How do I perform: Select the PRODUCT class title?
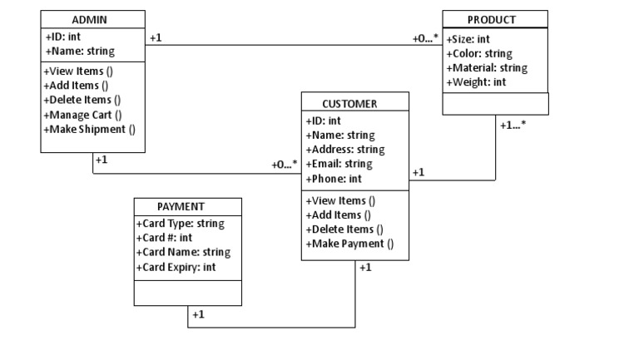[491, 19]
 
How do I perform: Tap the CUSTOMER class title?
[349, 104]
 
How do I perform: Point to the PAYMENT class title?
[181, 206]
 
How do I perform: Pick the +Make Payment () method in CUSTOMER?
[349, 244]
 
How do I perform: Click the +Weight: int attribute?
[476, 82]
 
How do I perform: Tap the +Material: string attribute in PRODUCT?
[487, 68]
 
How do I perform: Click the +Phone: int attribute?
[334, 179]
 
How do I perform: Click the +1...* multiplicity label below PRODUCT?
[513, 125]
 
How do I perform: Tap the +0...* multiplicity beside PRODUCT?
[425, 38]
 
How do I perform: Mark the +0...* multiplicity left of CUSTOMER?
[285, 165]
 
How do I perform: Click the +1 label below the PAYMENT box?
[199, 314]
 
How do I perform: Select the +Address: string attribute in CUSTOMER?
[345, 150]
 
